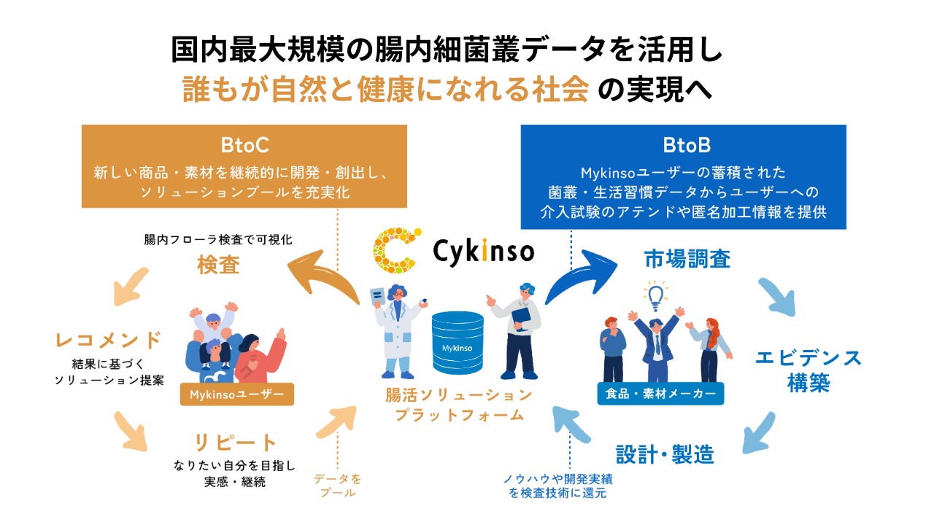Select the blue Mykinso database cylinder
[458, 339]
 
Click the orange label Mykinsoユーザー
[236, 394]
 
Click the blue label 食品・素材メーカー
[660, 394]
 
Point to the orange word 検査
[218, 265]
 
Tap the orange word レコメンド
[108, 340]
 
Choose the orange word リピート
[225, 443]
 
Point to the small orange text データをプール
[337, 486]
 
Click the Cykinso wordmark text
[483, 252]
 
